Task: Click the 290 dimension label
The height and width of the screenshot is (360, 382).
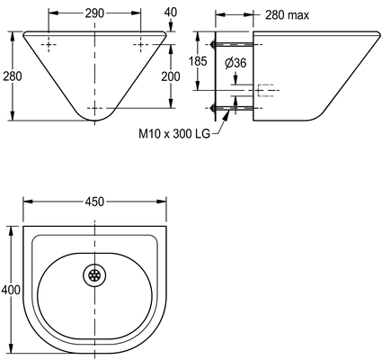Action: point(94,13)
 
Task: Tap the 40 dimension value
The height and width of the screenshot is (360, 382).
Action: point(171,12)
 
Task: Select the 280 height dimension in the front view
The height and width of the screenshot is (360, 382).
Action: point(13,76)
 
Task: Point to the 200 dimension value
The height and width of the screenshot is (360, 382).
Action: point(171,76)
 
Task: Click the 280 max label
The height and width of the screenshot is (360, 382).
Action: point(287,15)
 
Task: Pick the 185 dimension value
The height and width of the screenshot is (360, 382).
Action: point(198,61)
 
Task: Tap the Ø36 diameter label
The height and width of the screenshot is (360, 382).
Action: point(235,63)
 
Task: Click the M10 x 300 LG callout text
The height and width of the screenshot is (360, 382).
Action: point(174,133)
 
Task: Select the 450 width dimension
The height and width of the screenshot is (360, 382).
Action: point(94,202)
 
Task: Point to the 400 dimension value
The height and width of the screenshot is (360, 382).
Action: point(11,290)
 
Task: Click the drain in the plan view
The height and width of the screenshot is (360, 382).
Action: point(94,275)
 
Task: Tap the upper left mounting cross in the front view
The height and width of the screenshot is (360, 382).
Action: point(49,45)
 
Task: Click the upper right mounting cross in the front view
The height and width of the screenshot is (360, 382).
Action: point(140,45)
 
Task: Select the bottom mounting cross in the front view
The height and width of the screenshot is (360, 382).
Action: point(94,108)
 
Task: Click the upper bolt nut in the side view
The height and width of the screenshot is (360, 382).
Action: point(213,45)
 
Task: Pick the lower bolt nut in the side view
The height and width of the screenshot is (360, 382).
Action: point(213,108)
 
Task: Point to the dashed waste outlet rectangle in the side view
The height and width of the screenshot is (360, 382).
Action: point(266,90)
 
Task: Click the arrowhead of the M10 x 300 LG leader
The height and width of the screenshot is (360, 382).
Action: point(227,112)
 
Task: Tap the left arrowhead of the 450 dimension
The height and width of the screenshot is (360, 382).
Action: point(28,202)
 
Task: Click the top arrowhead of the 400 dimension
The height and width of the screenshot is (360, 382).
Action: point(13,230)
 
